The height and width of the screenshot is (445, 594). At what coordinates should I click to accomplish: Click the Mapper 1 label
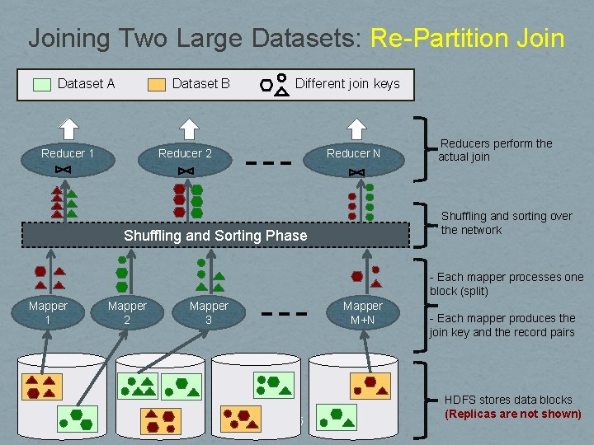click(48, 312)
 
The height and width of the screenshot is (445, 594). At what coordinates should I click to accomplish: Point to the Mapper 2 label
click(127, 312)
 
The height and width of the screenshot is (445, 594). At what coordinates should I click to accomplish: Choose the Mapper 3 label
click(209, 312)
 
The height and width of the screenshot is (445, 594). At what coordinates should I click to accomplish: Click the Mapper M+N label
click(363, 312)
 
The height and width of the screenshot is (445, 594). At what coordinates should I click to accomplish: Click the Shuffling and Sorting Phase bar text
click(215, 236)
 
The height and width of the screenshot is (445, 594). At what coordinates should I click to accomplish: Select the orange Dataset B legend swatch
click(157, 84)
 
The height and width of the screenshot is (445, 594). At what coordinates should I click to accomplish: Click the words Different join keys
click(347, 83)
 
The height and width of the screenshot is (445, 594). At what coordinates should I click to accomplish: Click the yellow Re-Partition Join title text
click(468, 38)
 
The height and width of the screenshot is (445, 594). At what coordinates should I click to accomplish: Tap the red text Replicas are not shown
click(513, 414)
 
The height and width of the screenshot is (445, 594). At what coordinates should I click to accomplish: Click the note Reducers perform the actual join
click(495, 150)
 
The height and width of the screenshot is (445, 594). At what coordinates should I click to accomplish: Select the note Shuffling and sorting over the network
click(506, 222)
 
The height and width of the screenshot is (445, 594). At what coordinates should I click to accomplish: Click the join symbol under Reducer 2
click(186, 171)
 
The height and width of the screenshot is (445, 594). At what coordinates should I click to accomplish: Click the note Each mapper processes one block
click(506, 283)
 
